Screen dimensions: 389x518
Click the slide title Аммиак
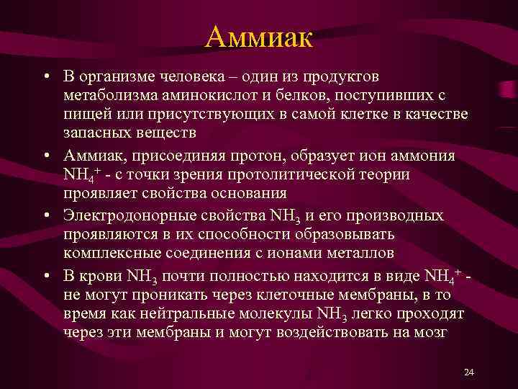(x=258, y=36)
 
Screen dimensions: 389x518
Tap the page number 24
(x=469, y=372)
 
